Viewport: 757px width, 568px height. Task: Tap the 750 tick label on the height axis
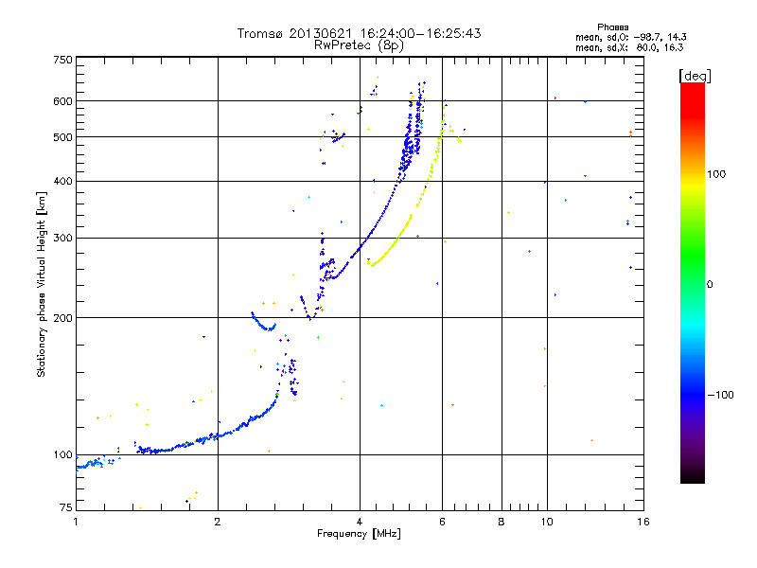click(62, 60)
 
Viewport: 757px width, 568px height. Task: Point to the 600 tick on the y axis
click(62, 101)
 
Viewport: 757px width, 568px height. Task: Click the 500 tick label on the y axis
click(62, 137)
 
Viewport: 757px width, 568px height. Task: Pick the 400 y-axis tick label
click(62, 182)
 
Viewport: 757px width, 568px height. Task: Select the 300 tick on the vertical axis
click(62, 238)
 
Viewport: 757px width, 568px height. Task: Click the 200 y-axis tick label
click(62, 318)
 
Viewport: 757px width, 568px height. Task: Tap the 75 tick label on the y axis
click(65, 510)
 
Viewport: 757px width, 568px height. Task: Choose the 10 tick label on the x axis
click(546, 522)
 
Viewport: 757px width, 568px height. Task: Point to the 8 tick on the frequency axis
click(502, 522)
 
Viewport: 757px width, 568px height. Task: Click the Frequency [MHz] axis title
click(359, 535)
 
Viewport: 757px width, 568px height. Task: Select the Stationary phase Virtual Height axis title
click(42, 284)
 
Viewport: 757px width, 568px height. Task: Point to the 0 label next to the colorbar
click(713, 284)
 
